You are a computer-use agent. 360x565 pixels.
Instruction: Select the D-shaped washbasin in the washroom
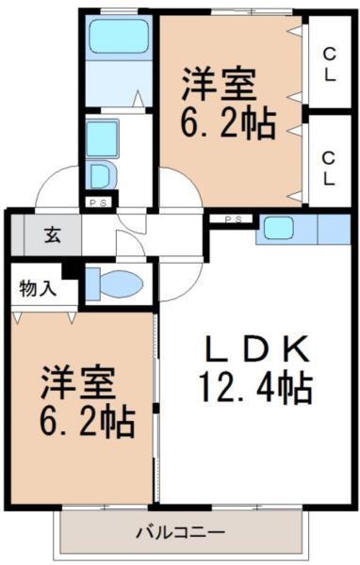pos(99,174)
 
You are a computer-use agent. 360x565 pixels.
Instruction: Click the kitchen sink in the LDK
pos(280,227)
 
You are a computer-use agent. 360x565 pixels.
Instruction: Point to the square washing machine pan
pos(101,137)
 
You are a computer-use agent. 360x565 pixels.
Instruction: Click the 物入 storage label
pos(38,287)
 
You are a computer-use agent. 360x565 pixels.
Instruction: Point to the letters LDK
pos(256,350)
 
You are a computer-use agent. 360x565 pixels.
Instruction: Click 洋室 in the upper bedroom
pos(219,88)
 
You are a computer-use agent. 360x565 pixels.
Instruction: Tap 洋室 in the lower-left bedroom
pos(77,383)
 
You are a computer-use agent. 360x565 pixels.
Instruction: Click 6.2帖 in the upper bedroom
pos(229,123)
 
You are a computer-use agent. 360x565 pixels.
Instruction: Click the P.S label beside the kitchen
pos(234,220)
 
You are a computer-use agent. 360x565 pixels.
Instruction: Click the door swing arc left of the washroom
pos(58,186)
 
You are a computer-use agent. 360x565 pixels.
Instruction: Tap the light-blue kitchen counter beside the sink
pos(335,228)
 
